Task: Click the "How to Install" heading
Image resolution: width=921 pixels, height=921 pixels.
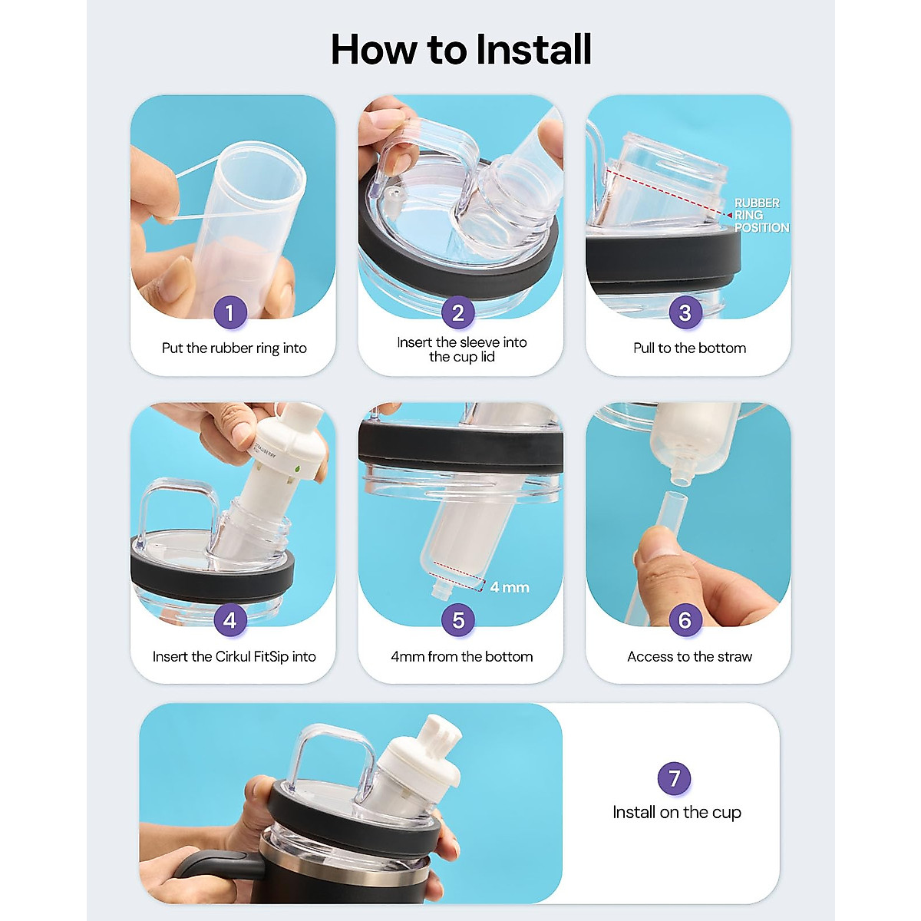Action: [460, 50]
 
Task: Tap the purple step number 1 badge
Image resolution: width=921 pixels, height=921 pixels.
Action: [230, 313]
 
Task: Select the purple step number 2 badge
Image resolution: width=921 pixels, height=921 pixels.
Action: [458, 313]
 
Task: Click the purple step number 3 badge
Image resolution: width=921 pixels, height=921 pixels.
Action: [685, 313]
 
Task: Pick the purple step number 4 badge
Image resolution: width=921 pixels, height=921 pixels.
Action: [230, 620]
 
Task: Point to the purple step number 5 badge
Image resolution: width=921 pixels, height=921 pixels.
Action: [458, 620]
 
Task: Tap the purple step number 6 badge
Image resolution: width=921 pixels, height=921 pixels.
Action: [685, 620]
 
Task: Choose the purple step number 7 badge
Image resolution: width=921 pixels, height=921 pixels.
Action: [675, 778]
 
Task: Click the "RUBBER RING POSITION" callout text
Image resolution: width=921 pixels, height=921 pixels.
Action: [761, 216]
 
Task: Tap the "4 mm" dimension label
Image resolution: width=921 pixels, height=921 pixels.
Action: [510, 587]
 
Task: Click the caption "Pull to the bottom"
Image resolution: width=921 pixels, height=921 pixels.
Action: [689, 348]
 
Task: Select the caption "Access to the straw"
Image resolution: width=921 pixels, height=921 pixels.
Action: [689, 657]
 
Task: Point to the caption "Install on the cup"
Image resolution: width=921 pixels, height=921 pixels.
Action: [677, 812]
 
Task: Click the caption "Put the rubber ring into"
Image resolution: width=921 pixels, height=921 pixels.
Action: [234, 348]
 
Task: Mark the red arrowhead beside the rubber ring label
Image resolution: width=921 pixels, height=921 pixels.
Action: [729, 215]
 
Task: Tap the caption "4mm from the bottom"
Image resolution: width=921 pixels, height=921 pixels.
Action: [462, 657]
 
